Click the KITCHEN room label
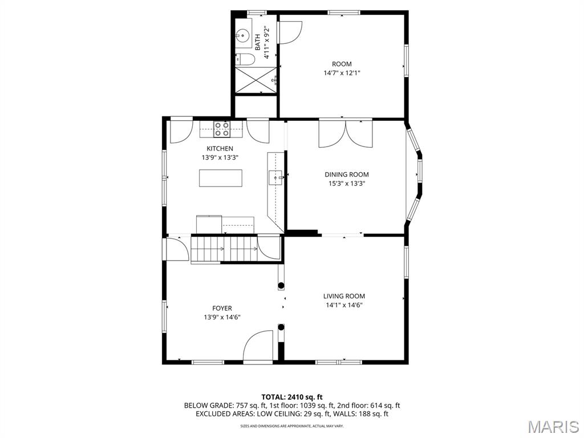click(x=220, y=149)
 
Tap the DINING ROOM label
click(x=346, y=175)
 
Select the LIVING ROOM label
click(x=344, y=296)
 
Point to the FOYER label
click(x=222, y=309)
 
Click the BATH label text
click(x=258, y=42)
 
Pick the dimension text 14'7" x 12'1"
click(x=342, y=73)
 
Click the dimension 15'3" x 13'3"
click(x=346, y=183)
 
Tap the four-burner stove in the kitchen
click(x=222, y=129)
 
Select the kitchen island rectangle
click(x=221, y=178)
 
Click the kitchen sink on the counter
click(x=275, y=178)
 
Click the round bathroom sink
click(x=243, y=36)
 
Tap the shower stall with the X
click(x=256, y=79)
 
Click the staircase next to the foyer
click(x=224, y=249)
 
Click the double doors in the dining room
click(x=346, y=133)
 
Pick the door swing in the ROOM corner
click(x=290, y=33)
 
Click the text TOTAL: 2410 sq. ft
click(x=292, y=397)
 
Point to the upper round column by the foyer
click(x=281, y=286)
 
